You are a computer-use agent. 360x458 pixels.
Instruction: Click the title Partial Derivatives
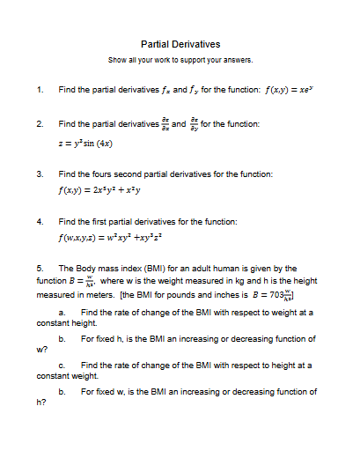pyautogui.click(x=180, y=44)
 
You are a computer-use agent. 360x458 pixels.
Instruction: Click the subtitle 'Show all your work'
pyautogui.click(x=180, y=60)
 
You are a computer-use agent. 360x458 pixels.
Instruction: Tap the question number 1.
pyautogui.click(x=40, y=90)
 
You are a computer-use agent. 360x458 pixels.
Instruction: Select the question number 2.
pyautogui.click(x=40, y=124)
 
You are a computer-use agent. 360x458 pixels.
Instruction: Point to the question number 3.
pyautogui.click(x=40, y=174)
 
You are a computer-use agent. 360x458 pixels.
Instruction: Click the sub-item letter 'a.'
pyautogui.click(x=62, y=313)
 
